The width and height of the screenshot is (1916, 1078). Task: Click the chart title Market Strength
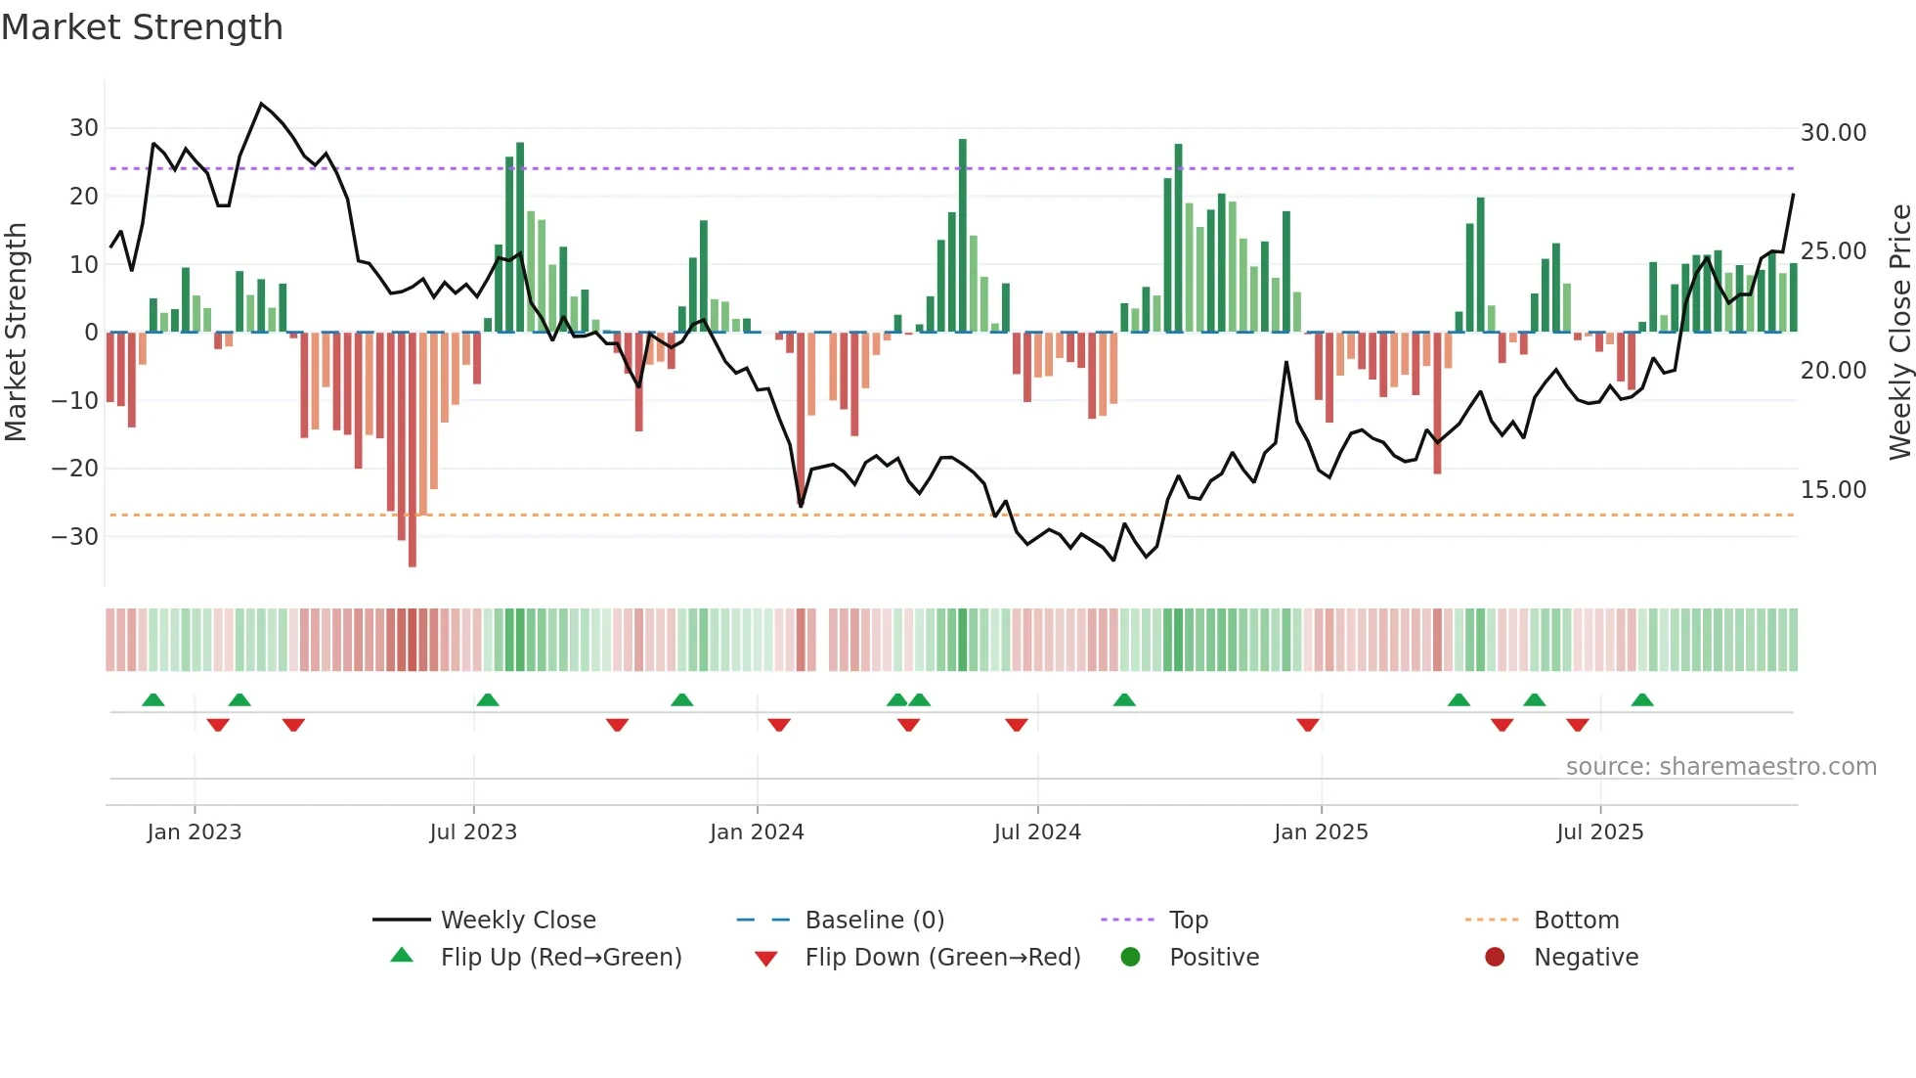pyautogui.click(x=142, y=27)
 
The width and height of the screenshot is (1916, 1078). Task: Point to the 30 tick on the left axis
pyautogui.click(x=83, y=128)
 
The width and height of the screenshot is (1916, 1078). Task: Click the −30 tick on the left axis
pyautogui.click(x=75, y=536)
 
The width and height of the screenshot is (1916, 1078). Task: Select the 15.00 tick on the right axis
pyautogui.click(x=1833, y=490)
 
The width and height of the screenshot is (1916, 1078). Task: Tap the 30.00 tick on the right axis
pyautogui.click(x=1833, y=133)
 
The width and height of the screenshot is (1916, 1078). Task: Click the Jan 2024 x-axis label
pyautogui.click(x=756, y=832)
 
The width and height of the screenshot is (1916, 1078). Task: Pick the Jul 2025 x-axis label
pyautogui.click(x=1599, y=832)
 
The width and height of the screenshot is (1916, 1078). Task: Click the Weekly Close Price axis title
pyautogui.click(x=1899, y=333)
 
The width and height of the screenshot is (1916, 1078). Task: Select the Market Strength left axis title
pyautogui.click(x=16, y=333)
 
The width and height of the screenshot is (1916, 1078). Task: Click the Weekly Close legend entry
pyautogui.click(x=517, y=921)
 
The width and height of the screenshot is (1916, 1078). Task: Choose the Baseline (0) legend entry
pyautogui.click(x=874, y=921)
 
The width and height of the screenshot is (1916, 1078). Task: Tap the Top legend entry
pyautogui.click(x=1188, y=921)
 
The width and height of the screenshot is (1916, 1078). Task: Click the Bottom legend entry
pyautogui.click(x=1576, y=921)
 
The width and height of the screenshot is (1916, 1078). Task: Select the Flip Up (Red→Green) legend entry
pyautogui.click(x=560, y=958)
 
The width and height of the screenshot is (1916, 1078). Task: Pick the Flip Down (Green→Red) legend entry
pyautogui.click(x=942, y=958)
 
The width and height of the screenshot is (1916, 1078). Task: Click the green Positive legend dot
pyautogui.click(x=1130, y=958)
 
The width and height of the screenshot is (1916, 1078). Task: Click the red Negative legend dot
pyautogui.click(x=1495, y=958)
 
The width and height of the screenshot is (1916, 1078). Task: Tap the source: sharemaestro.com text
pyautogui.click(x=1720, y=767)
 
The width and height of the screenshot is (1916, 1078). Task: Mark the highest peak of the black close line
pyautogui.click(x=261, y=104)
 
